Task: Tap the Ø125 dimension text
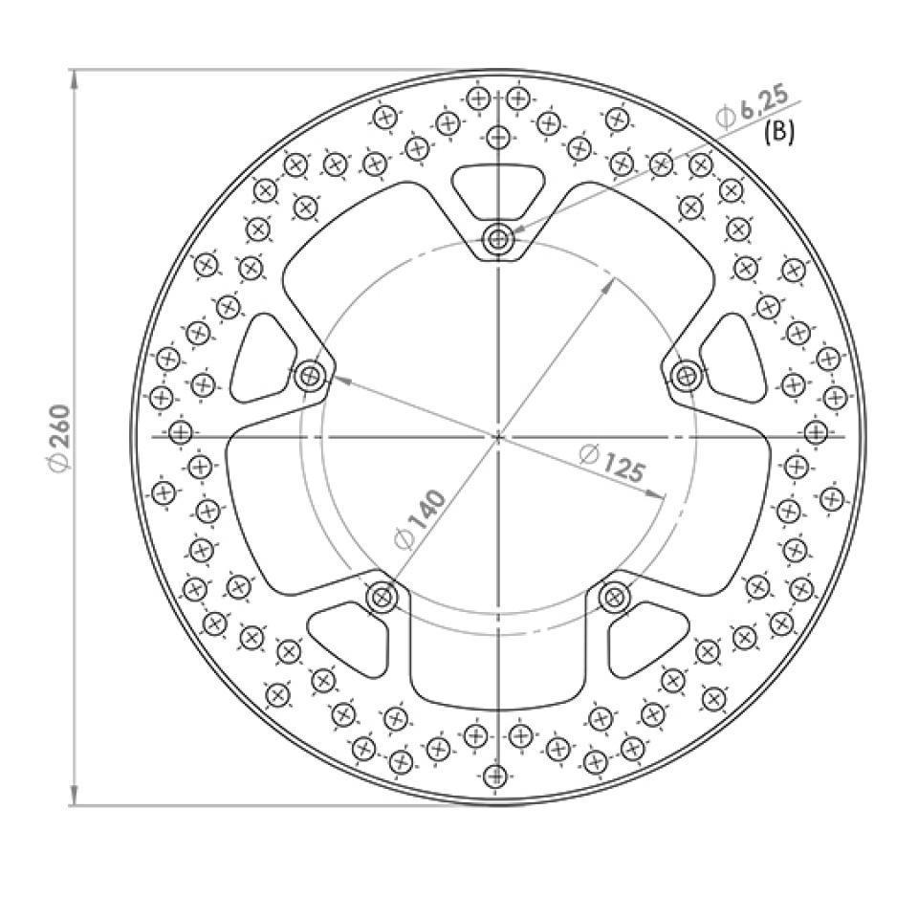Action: pyautogui.click(x=612, y=463)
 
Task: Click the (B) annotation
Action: pyautogui.click(x=779, y=133)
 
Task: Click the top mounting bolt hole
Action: pyautogui.click(x=497, y=240)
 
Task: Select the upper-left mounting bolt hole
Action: pyautogui.click(x=310, y=376)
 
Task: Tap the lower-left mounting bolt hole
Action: pyautogui.click(x=382, y=598)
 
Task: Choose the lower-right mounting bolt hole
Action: pyautogui.click(x=613, y=598)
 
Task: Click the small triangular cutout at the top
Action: pyautogui.click(x=497, y=187)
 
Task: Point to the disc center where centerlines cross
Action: pyautogui.click(x=497, y=437)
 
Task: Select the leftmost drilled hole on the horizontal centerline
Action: pyautogui.click(x=179, y=433)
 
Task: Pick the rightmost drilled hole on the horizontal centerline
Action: pyautogui.click(x=815, y=433)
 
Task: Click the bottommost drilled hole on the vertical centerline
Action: pyautogui.click(x=495, y=775)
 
